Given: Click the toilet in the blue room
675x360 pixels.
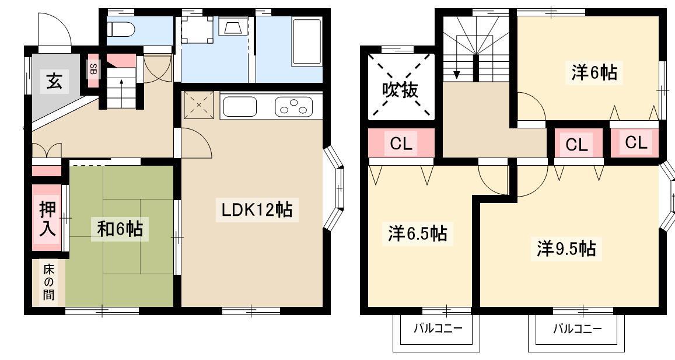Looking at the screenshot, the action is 121,29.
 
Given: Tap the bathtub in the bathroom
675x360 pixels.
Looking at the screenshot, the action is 306,42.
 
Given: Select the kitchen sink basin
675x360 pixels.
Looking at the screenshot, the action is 240,106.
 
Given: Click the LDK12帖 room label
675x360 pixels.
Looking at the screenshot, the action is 257,209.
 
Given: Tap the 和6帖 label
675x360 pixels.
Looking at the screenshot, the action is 120,229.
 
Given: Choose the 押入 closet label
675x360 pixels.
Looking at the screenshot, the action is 47,218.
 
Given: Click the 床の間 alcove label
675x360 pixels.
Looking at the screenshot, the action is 48,282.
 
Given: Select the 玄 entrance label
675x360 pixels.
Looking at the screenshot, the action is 55,81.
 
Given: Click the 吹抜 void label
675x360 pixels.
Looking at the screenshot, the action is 400,90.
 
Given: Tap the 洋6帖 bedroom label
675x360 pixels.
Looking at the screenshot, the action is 594,72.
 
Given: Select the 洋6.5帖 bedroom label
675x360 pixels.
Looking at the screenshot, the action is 418,234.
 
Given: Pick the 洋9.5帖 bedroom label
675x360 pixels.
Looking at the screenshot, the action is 566,249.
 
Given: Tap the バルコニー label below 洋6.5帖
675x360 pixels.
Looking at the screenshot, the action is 438,329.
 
